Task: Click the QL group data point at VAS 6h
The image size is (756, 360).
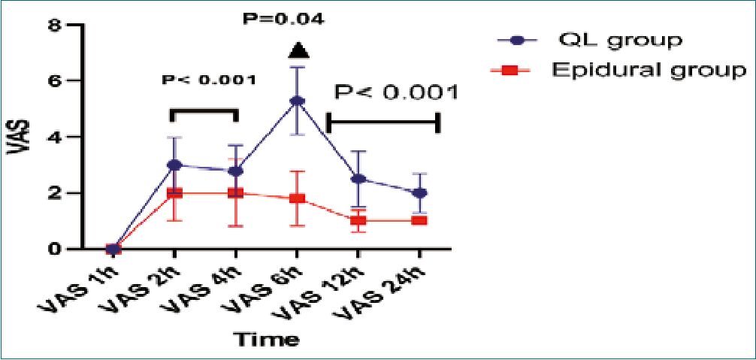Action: tap(297, 101)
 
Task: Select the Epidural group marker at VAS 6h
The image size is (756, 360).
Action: tap(297, 198)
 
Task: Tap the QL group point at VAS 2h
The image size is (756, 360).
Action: tap(174, 165)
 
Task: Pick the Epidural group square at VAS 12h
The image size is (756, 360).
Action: tap(358, 220)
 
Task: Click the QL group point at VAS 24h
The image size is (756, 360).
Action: tap(419, 192)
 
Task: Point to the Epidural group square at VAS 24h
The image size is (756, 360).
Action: tap(419, 220)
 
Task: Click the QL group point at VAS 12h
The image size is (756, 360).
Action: tap(358, 179)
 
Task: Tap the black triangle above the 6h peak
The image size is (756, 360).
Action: tap(298, 51)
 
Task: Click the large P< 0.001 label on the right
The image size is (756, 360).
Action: tap(396, 92)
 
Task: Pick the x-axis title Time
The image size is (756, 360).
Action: tap(268, 339)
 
